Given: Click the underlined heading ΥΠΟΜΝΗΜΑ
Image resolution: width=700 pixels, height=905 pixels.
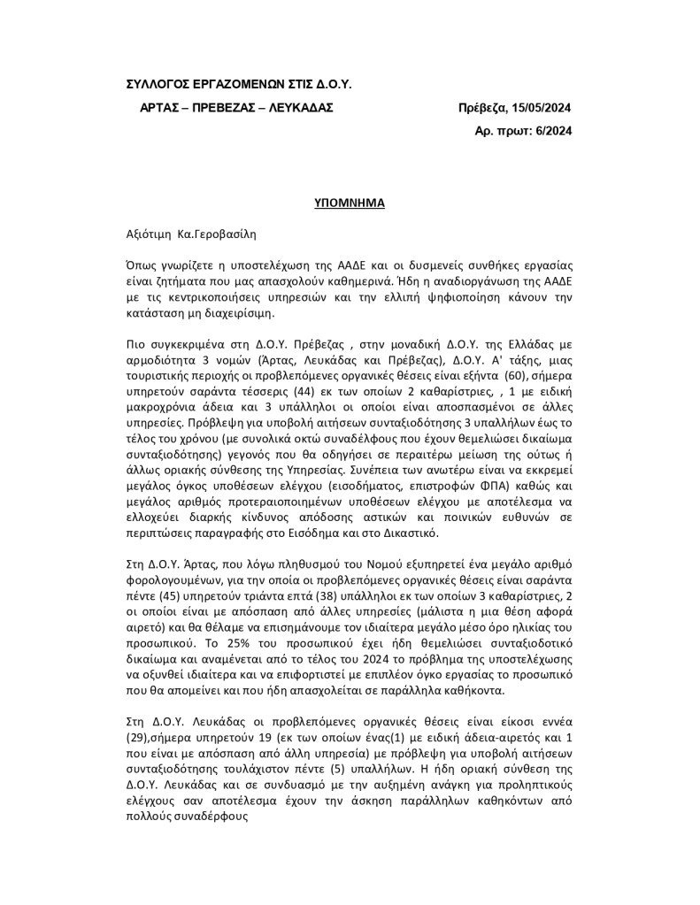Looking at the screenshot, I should coord(350,203).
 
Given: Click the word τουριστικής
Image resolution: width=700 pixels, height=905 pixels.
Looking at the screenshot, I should coord(165,349).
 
